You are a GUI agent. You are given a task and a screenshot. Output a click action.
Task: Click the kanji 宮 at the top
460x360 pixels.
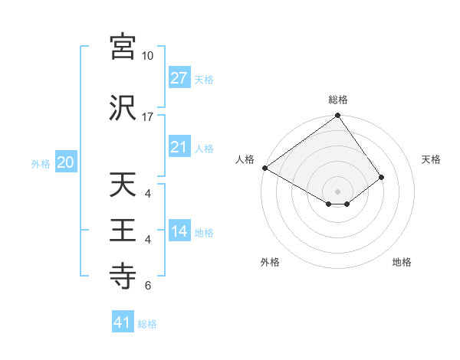[123, 47]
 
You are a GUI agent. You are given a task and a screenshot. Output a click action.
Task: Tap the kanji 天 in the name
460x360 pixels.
[123, 185]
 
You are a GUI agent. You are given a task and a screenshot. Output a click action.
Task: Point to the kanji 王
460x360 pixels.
[123, 230]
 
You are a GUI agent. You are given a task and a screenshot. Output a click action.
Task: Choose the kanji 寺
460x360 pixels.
[123, 275]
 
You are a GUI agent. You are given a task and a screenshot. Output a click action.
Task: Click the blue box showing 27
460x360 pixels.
[179, 78]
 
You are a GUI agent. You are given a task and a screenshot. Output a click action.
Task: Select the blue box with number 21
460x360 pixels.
[179, 147]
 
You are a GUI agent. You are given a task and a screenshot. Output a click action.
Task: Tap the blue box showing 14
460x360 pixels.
[179, 232]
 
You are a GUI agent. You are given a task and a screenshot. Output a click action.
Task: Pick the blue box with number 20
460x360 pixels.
[65, 162]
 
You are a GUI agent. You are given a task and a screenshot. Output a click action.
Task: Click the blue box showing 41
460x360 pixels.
[123, 322]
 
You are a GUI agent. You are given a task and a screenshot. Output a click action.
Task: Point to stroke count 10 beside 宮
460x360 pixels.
[147, 56]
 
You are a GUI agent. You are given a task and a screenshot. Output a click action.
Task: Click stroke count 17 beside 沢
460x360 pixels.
[147, 116]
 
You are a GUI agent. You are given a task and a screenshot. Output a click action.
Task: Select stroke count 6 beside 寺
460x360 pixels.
[148, 286]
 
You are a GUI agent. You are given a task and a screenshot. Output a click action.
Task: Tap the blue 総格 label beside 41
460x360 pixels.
[147, 324]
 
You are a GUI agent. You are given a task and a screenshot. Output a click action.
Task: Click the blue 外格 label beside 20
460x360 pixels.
[41, 164]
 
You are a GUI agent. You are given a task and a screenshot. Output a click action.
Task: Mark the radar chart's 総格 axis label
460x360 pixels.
[338, 100]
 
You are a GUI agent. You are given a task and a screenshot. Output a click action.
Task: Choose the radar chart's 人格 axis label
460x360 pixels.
[245, 159]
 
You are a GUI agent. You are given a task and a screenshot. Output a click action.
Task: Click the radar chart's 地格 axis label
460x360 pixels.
[402, 262]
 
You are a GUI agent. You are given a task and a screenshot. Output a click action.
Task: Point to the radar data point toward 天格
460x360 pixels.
[381, 178]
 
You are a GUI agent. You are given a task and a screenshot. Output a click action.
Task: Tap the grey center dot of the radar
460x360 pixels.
[337, 190]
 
